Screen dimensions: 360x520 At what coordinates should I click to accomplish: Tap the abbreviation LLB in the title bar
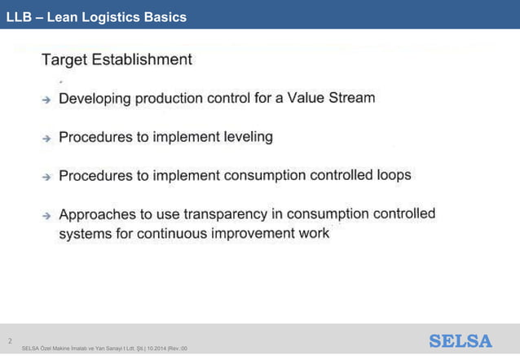tap(20, 16)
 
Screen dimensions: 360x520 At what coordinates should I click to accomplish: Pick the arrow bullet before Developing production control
tap(47, 99)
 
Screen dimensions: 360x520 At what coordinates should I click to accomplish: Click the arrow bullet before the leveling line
tap(47, 138)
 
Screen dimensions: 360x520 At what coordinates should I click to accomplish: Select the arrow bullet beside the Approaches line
tap(47, 217)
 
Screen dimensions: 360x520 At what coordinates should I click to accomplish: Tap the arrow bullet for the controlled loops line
tap(47, 177)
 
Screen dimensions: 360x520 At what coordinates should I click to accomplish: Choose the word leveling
tap(248, 137)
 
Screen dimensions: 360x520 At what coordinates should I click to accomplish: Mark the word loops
tap(390, 174)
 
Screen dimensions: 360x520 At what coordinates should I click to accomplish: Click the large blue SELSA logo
tap(461, 341)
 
